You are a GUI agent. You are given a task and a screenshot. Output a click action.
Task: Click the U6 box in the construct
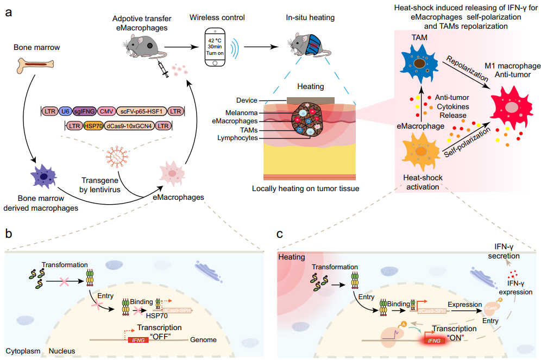(65, 111)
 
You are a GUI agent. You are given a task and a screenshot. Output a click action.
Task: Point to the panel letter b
(9, 234)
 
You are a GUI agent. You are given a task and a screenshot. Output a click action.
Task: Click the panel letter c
(280, 234)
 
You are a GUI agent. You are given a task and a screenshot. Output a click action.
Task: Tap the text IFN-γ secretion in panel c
(504, 251)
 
